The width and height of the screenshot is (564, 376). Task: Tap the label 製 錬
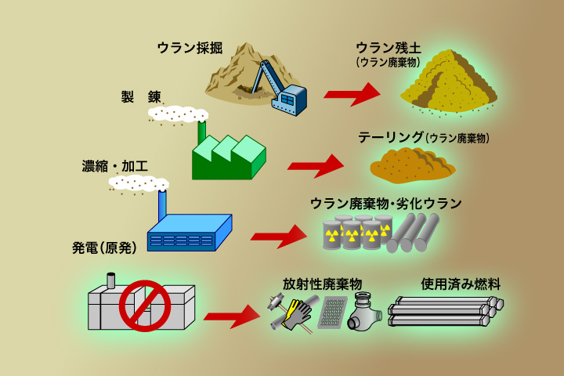[141, 96]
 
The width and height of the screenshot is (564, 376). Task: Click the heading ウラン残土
[389, 48]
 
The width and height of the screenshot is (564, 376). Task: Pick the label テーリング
[391, 137]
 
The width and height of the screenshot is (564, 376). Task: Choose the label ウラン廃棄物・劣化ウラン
[386, 204]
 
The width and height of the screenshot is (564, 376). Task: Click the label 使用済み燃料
[461, 283]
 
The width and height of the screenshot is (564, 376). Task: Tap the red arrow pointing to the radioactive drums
[278, 235]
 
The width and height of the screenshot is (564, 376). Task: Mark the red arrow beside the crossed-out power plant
[231, 316]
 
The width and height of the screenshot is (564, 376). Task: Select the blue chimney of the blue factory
[163, 205]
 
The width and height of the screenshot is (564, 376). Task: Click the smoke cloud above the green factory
[179, 114]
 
